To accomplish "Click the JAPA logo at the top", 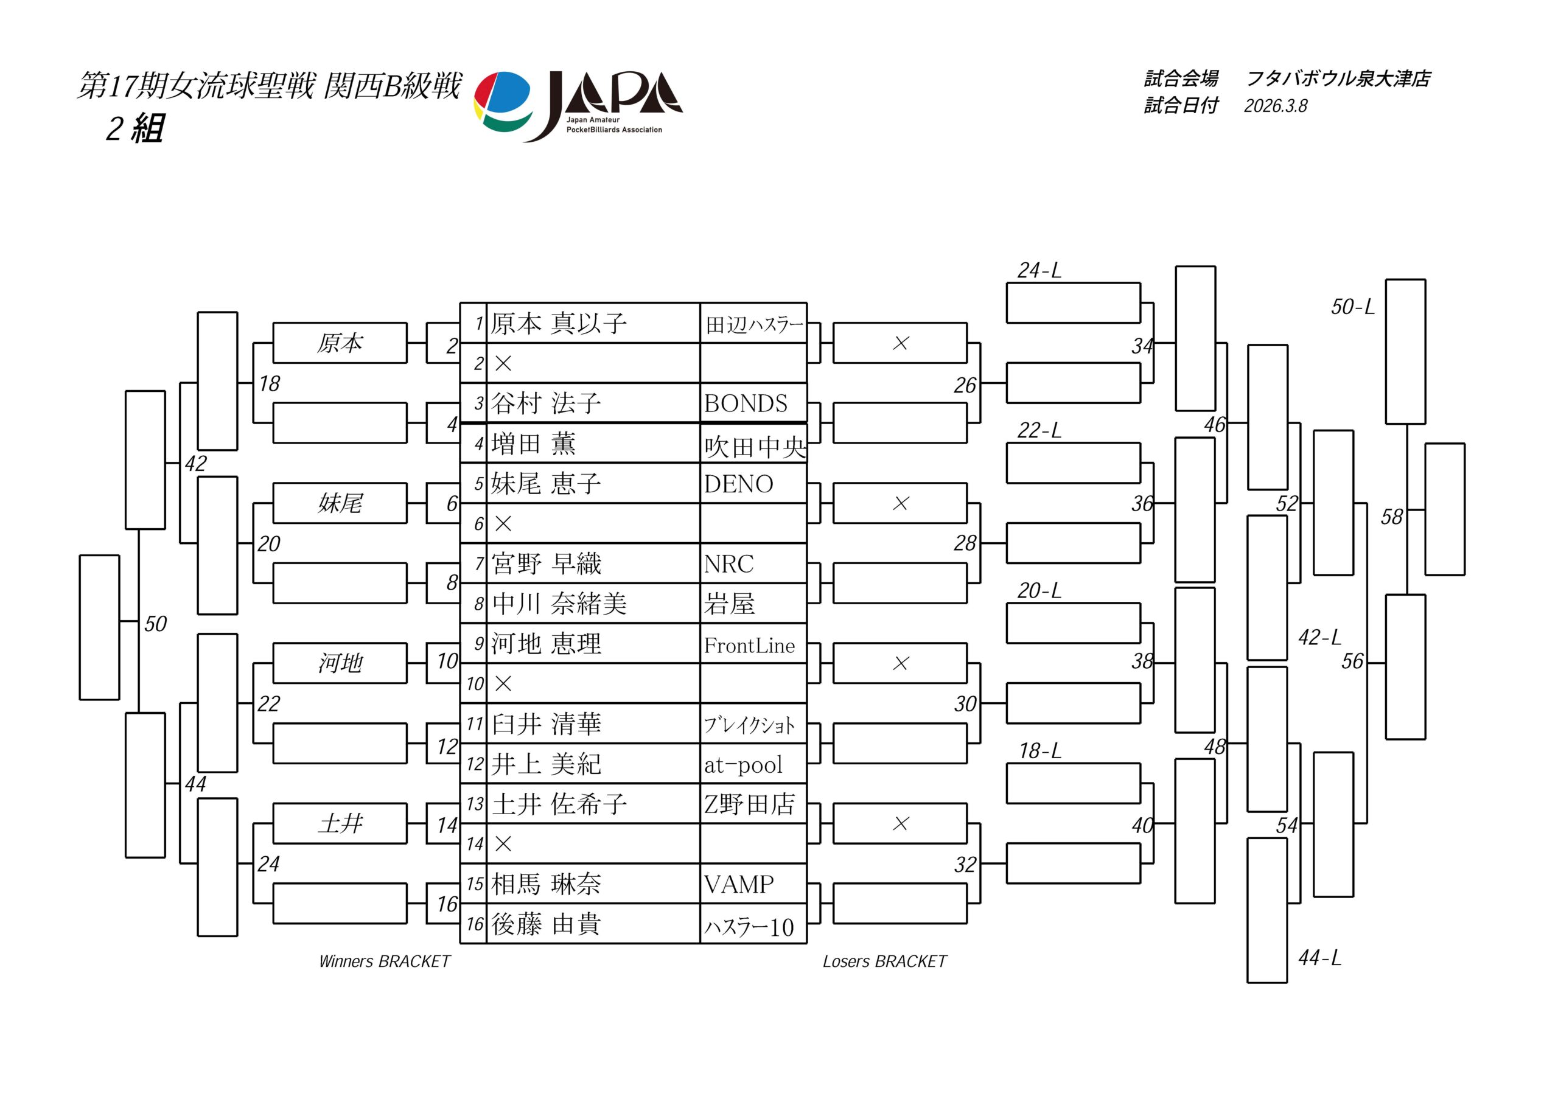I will (x=578, y=105).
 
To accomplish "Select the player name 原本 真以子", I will (x=559, y=324).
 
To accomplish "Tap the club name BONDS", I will (x=746, y=404).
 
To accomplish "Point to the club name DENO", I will (x=738, y=484).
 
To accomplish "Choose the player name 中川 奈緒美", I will (x=559, y=604).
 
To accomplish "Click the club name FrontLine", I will (x=749, y=646).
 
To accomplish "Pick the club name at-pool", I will (x=743, y=765).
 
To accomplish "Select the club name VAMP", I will (x=738, y=884).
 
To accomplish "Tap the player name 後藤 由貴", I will (x=547, y=924).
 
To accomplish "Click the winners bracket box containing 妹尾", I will (x=340, y=503).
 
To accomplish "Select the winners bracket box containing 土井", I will (x=340, y=824).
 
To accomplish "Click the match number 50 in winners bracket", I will (x=155, y=624).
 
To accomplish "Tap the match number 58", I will (x=1391, y=517).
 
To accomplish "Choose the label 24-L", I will (x=1039, y=271).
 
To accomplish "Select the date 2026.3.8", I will (x=1275, y=106).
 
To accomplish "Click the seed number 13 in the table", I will (x=474, y=804).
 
